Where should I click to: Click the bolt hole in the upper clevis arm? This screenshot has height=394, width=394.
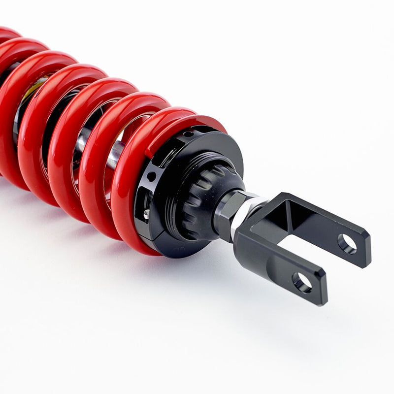pos(347,244)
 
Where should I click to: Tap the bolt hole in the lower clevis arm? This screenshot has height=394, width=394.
pos(301,282)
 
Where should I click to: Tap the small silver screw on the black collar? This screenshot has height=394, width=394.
pos(146,213)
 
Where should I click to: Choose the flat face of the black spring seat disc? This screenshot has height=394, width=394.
pos(217,148)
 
